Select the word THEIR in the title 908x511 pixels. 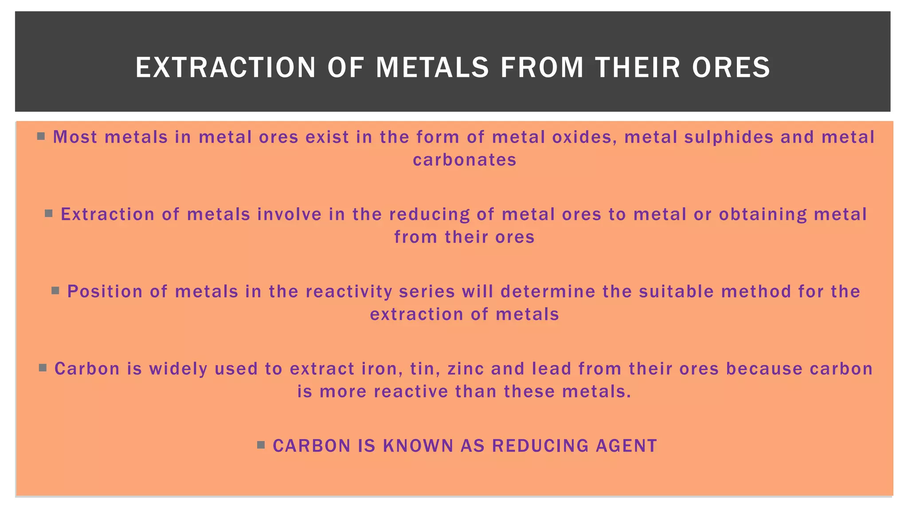coord(638,68)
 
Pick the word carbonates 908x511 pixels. coord(465,160)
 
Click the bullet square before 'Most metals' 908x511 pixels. coord(41,136)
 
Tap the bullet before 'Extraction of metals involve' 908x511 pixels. coord(49,213)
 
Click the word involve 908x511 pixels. coord(290,214)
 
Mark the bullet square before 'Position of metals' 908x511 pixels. coord(55,291)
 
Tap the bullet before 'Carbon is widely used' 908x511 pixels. coord(43,368)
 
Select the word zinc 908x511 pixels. coord(466,369)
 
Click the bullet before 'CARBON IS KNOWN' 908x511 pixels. coord(261,445)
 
